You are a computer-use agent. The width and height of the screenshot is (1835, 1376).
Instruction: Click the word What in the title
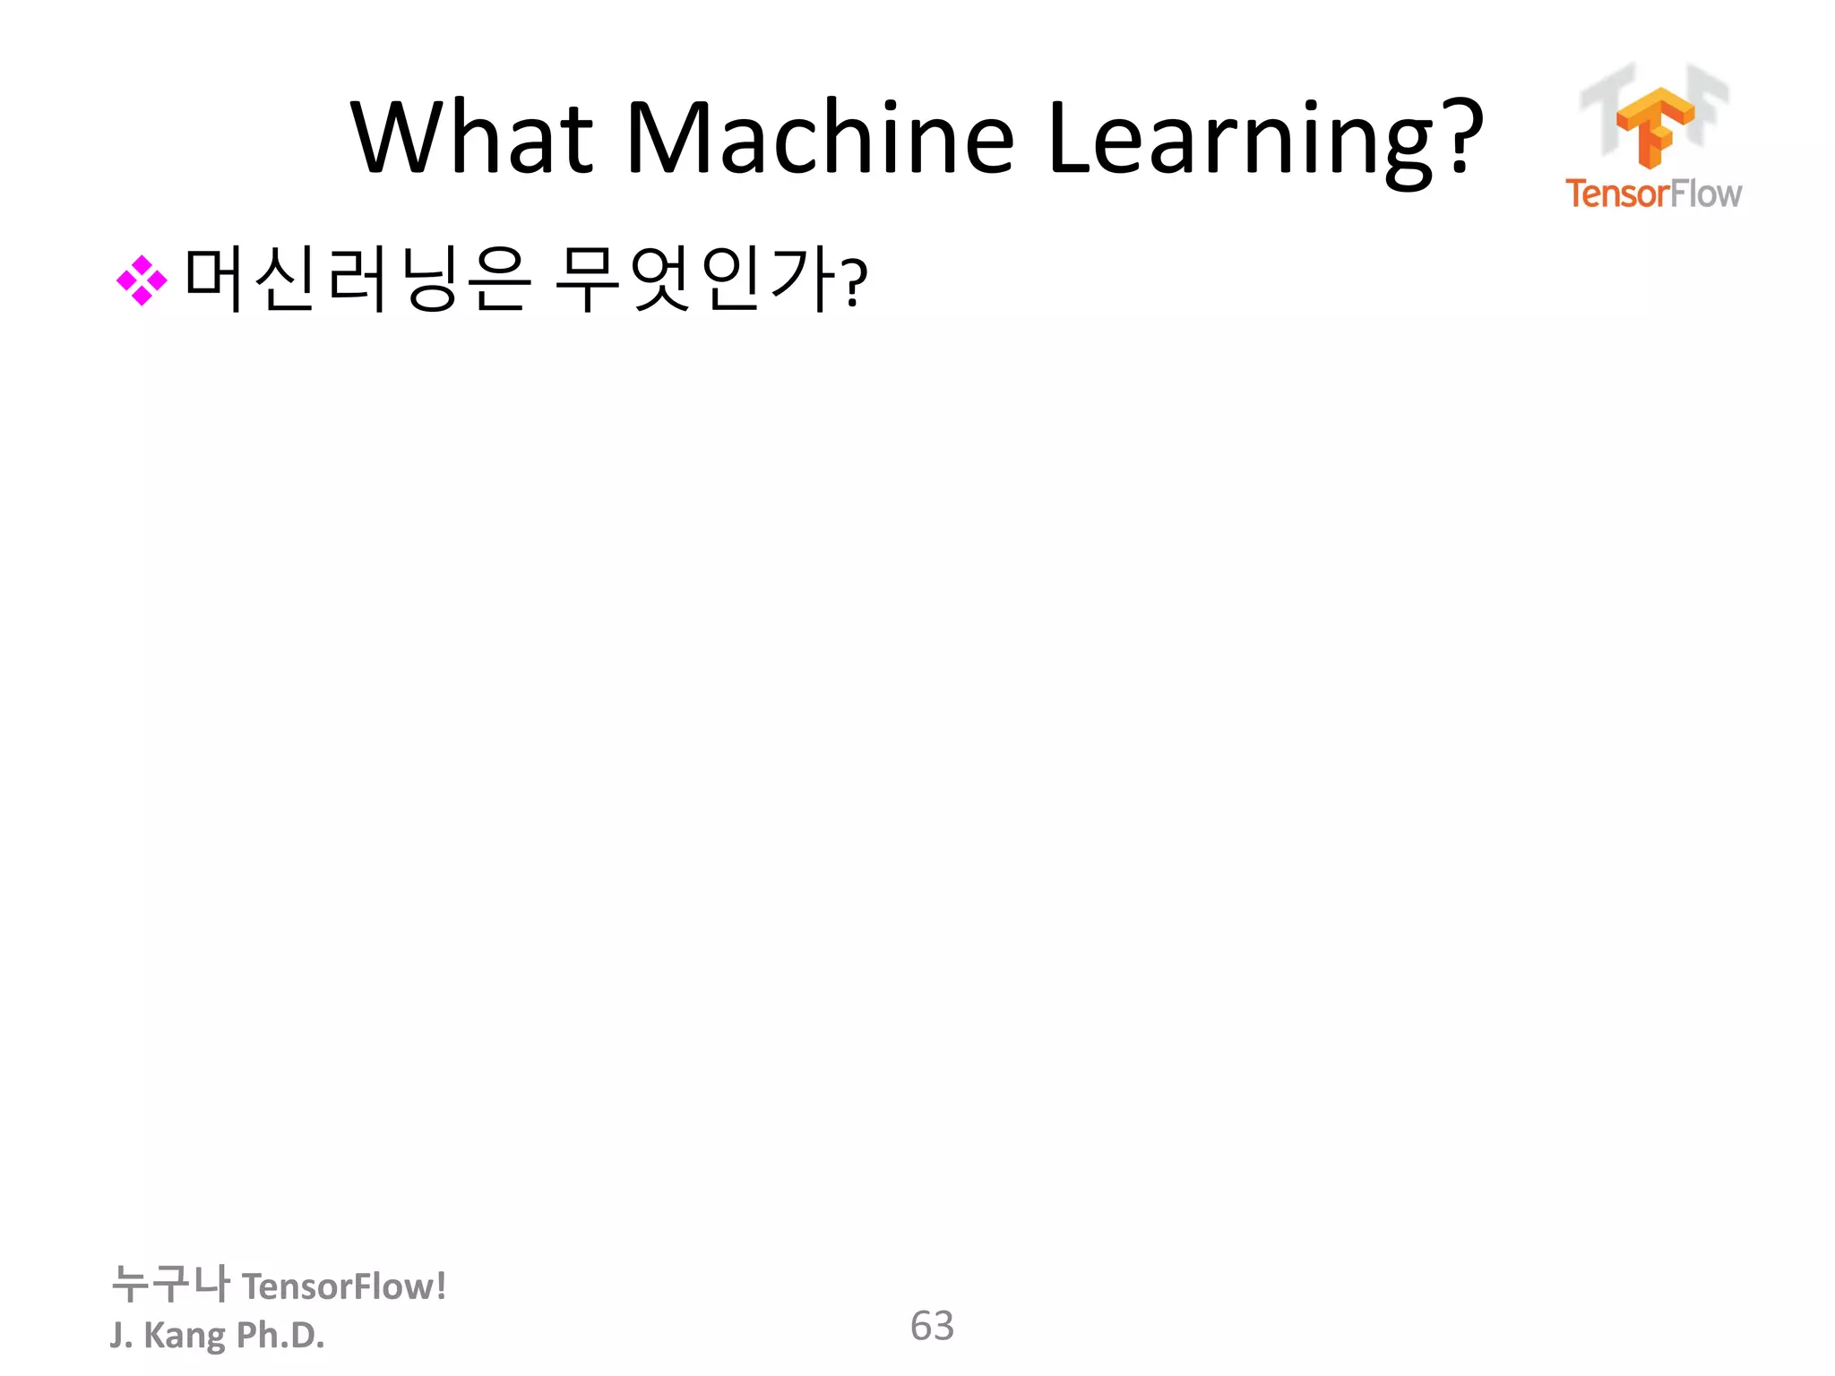click(x=472, y=137)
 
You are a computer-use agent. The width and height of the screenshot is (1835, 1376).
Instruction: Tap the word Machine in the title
click(x=819, y=137)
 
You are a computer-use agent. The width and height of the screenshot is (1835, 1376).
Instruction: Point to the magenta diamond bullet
click(x=142, y=280)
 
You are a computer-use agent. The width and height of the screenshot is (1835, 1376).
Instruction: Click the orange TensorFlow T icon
click(x=1654, y=126)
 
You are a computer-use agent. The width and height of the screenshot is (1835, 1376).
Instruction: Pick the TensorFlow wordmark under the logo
click(x=1653, y=193)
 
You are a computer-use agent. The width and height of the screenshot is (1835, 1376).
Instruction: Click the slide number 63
click(x=932, y=1326)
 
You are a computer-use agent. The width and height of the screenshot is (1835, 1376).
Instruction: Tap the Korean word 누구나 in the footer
click(x=170, y=1284)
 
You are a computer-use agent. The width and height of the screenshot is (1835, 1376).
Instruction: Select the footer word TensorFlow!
click(x=344, y=1286)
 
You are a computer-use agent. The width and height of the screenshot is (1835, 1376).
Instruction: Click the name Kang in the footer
click(x=185, y=1336)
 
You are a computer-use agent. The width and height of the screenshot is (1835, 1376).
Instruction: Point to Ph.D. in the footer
click(x=280, y=1335)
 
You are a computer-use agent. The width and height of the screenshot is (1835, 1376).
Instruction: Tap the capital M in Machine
click(x=663, y=137)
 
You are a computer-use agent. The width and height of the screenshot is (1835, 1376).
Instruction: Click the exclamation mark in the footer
click(x=441, y=1286)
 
